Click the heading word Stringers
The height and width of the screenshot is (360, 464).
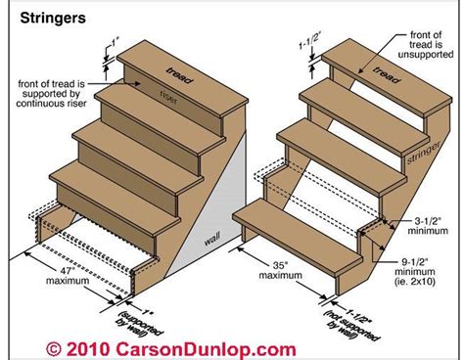coord(53,19)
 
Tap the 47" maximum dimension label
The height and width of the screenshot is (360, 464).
coord(68,276)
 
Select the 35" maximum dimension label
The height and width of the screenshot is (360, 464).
coord(281,270)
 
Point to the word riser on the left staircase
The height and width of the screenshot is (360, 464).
coord(168,97)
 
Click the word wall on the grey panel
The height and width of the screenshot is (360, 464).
coord(212,239)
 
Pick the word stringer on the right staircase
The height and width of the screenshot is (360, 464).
coord(424,153)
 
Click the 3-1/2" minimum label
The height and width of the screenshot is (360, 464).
coord(428,226)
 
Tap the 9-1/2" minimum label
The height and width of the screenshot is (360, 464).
coord(414,266)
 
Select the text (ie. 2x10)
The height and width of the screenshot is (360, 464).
coord(415,282)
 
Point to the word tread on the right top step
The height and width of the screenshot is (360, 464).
coord(387,74)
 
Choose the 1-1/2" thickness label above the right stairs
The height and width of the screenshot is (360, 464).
coord(309,40)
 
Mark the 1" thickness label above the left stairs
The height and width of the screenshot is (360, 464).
coord(116,42)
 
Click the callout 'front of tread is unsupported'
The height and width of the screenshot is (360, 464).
coord(426,45)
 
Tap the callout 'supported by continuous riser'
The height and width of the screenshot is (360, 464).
coord(51,99)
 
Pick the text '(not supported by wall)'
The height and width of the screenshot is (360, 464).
coord(351,326)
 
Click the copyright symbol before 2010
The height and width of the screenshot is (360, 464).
coord(53,349)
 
